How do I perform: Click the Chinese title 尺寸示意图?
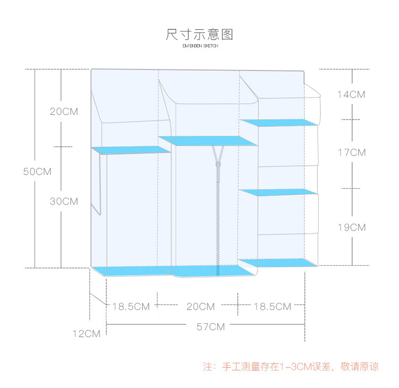tap(199, 35)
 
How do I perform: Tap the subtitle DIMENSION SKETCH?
tap(199, 46)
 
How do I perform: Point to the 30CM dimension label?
tap(64, 201)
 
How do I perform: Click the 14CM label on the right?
tap(352, 95)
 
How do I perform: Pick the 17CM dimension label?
tap(352, 153)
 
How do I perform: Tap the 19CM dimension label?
tap(352, 227)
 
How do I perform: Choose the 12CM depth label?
tap(87, 334)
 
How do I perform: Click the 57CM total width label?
tap(211, 327)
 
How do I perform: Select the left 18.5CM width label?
tap(131, 307)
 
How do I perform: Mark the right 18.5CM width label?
tap(272, 307)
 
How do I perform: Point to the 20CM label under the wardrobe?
tap(201, 307)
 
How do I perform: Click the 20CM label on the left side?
tap(64, 112)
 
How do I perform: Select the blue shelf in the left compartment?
tap(131, 150)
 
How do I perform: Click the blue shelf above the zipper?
tap(208, 141)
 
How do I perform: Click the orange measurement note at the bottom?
tap(291, 367)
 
